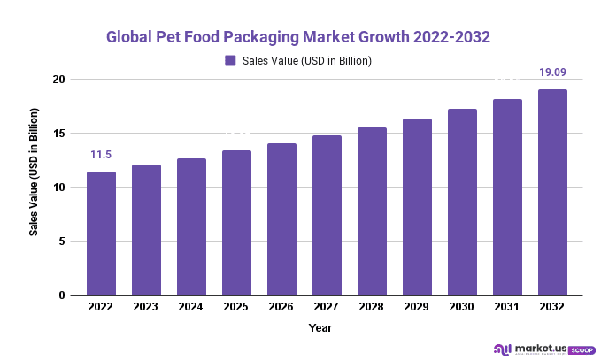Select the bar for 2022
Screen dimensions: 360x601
(101, 234)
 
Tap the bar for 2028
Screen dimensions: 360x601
(372, 211)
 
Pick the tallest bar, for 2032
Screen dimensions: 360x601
(552, 192)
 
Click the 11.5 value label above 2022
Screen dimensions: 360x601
(101, 155)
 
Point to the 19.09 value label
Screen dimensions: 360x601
(552, 73)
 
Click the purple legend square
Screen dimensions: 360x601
(230, 61)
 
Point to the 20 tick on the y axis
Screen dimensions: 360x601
(59, 80)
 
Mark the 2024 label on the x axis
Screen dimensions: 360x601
(191, 307)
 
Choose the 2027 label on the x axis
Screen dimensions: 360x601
(327, 307)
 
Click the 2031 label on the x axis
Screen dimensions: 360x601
(507, 307)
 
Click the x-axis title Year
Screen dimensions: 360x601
(320, 328)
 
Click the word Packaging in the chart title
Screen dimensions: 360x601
(276, 37)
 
